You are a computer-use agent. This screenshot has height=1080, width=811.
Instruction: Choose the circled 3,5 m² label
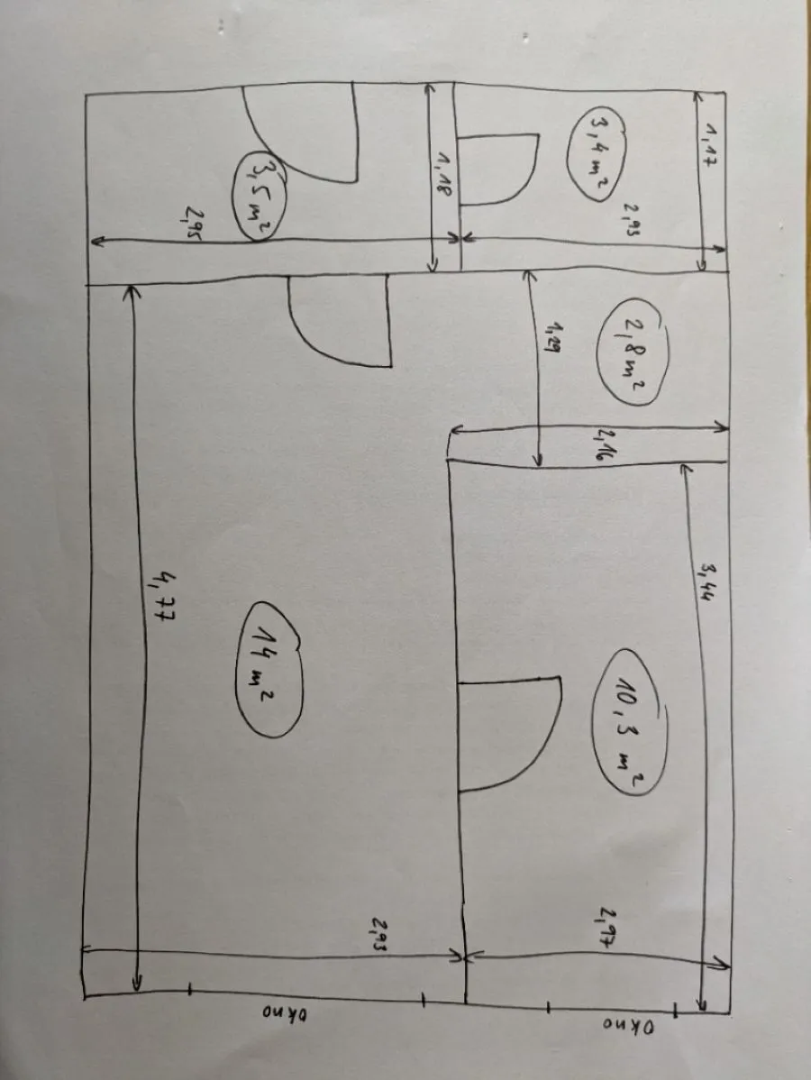tap(258, 194)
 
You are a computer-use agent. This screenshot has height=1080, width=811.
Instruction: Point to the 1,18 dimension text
tap(442, 172)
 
